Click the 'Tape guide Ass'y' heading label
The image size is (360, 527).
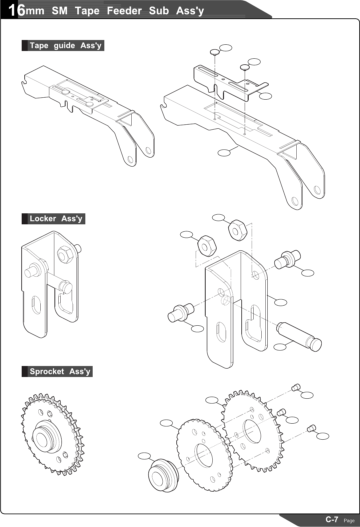[x=65, y=45]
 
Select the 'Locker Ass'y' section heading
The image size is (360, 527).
[x=56, y=219]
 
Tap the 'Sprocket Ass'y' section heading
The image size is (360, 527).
[x=60, y=371]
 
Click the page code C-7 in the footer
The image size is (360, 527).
[x=332, y=519]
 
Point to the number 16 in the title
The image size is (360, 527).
[x=16, y=11]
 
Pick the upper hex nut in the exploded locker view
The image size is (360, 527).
[x=237, y=230]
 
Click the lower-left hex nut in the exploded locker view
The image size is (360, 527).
[x=207, y=246]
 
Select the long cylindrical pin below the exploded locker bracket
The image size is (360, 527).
[x=299, y=337]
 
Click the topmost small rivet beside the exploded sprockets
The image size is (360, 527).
[x=296, y=387]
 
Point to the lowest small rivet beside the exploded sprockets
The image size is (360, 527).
[x=311, y=428]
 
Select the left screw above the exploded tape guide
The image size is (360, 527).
[x=214, y=52]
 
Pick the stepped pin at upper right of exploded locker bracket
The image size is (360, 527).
[x=288, y=259]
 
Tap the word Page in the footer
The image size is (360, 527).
[x=349, y=521]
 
